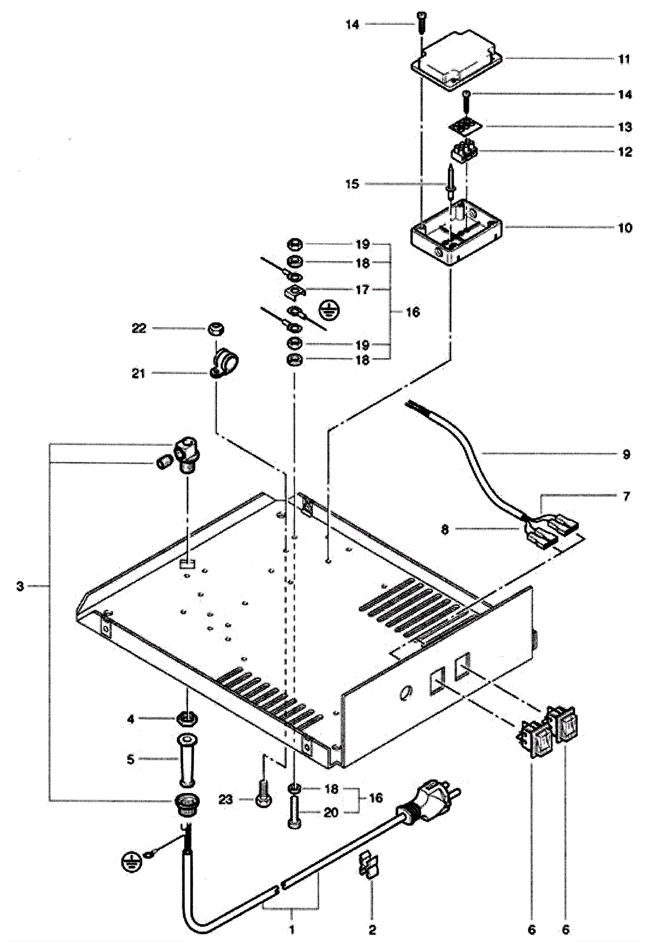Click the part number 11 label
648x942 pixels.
tap(625, 59)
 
